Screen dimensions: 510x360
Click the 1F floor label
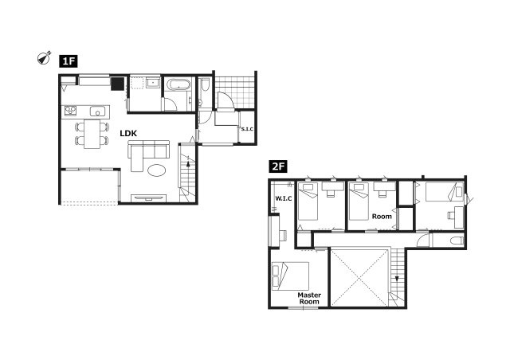69,61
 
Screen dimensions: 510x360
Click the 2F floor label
278,166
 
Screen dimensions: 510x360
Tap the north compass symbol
44,58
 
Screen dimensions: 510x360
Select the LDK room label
128,133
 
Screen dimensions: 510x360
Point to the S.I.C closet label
247,129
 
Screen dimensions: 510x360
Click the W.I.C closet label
284,198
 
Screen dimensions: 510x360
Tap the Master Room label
309,298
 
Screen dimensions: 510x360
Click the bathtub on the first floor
178,84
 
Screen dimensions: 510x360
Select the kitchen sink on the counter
97,112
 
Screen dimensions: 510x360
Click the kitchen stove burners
70,111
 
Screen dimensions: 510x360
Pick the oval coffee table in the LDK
157,170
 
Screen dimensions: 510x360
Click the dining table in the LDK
92,134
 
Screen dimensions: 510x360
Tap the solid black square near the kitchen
117,84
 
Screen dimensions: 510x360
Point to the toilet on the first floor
205,84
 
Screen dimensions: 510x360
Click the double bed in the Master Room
290,276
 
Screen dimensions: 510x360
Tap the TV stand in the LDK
149,198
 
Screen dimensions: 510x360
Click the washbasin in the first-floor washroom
152,83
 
